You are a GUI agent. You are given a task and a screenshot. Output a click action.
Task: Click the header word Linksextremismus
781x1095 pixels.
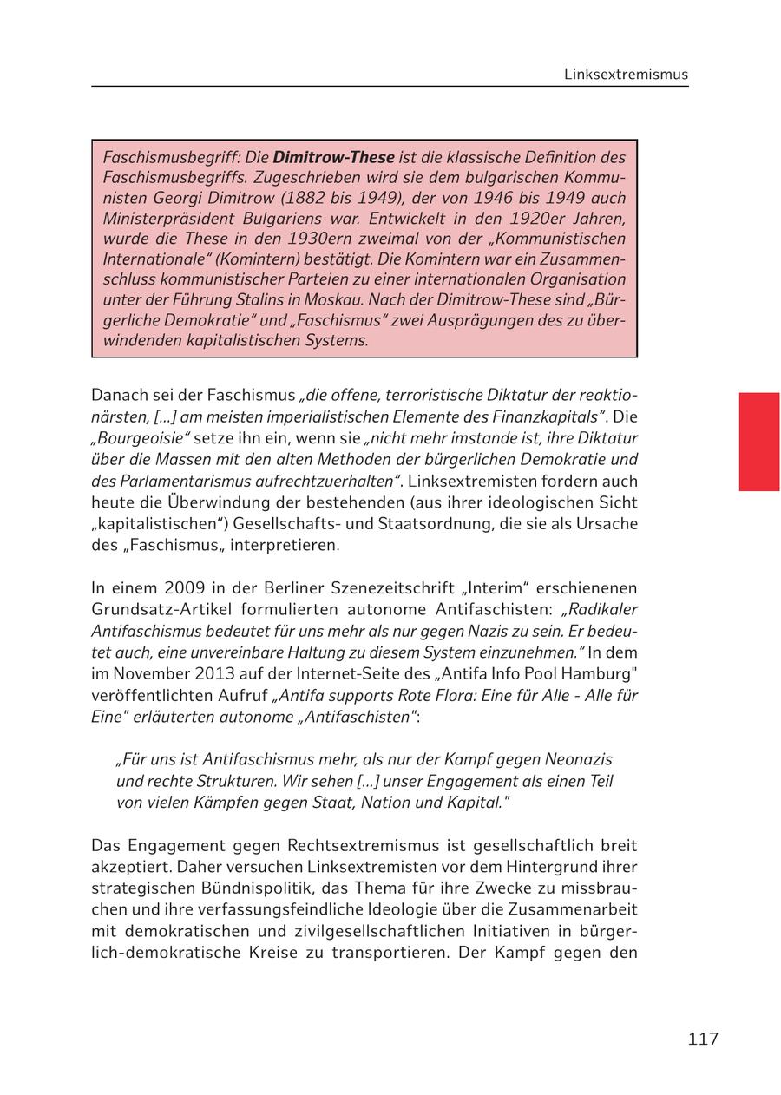pyautogui.click(x=626, y=75)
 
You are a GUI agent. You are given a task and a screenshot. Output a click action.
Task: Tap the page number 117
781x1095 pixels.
pyautogui.click(x=703, y=1039)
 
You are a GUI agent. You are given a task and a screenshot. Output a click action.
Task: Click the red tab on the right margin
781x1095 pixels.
pyautogui.click(x=758, y=442)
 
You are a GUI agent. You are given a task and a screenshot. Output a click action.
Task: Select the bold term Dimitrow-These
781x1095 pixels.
pyautogui.click(x=333, y=158)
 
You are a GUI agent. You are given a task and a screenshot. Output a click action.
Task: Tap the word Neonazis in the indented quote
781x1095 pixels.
pyautogui.click(x=577, y=759)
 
